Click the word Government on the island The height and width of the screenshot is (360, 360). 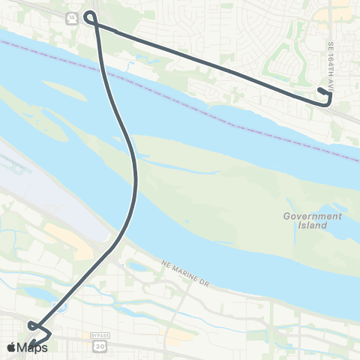pos(312,216)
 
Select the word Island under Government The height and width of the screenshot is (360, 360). pos(313,225)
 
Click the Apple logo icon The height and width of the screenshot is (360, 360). pos(12,348)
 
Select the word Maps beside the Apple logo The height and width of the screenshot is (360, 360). pos(34,348)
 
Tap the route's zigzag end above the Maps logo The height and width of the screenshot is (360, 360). pos(37,328)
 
